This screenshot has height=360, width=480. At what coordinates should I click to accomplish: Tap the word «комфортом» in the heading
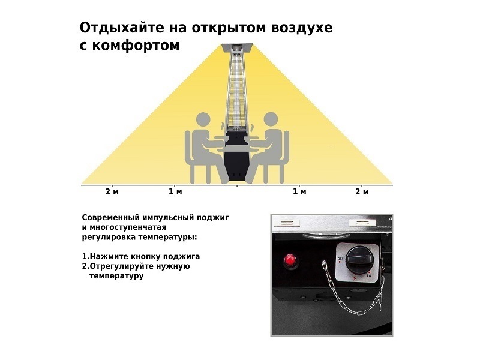click(136, 46)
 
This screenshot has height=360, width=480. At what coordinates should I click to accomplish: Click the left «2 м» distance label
click(112, 191)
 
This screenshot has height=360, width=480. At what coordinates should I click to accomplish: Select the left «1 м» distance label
click(175, 191)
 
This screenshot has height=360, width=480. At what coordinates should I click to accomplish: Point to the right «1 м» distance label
click(299, 191)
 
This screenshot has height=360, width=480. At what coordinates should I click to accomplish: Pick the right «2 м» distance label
click(362, 191)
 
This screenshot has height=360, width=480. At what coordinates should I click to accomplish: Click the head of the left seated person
click(203, 121)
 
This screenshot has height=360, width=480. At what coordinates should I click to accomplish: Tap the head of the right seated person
click(271, 121)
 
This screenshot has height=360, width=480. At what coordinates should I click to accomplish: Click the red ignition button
click(290, 260)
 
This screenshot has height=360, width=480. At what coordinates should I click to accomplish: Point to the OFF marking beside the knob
click(340, 259)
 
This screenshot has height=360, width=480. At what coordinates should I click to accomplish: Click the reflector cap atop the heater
click(237, 47)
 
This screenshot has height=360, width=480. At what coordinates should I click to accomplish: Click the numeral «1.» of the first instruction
click(85, 257)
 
